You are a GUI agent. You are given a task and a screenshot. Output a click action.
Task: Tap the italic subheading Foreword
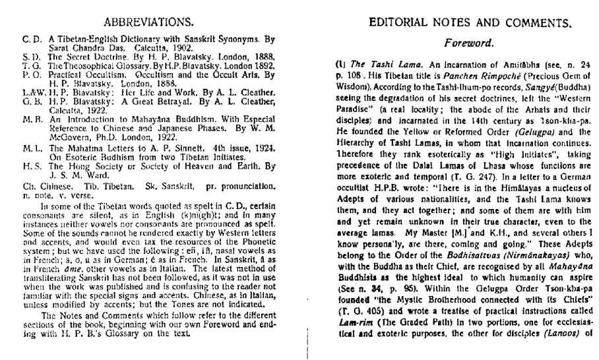(x=470, y=44)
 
